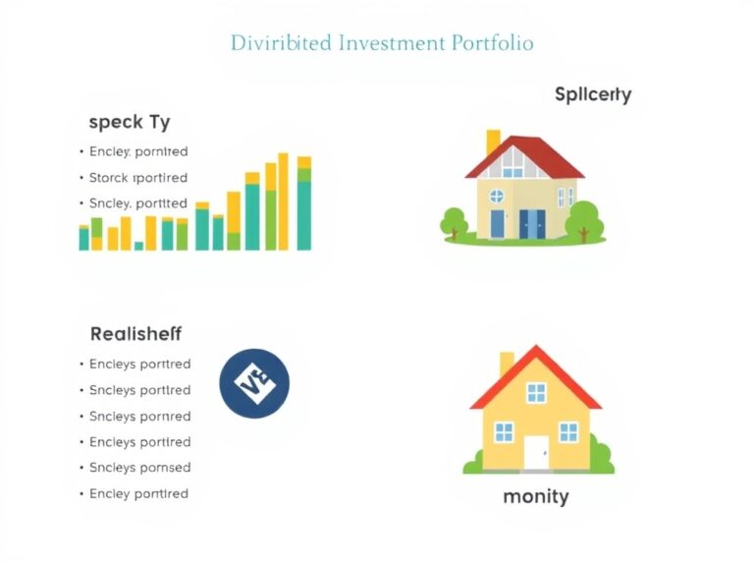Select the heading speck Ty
point(129,122)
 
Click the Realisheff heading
point(135,334)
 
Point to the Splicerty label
point(592,95)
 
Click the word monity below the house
point(535,496)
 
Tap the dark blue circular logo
point(254,383)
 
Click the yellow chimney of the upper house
point(493,141)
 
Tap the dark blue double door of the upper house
point(531,224)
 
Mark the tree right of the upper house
point(583,218)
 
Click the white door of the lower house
point(535,452)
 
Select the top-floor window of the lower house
point(536,393)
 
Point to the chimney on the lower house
point(507,364)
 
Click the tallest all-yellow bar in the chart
point(284,201)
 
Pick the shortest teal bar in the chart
point(138,246)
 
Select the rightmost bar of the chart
point(304,203)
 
